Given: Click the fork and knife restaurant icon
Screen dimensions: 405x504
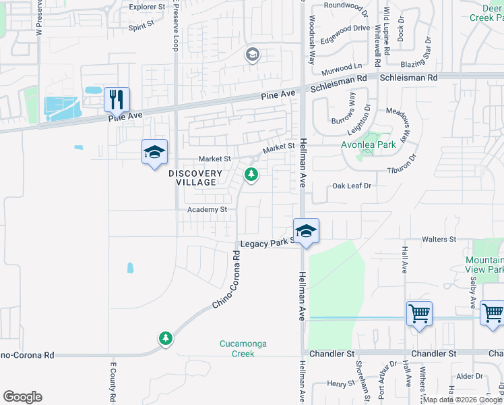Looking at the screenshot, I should click(x=117, y=100).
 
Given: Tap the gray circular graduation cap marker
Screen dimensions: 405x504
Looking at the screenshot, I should click(x=253, y=55).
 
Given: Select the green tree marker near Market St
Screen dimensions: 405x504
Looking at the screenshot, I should click(x=251, y=175).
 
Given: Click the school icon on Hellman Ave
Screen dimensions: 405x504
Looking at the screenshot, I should click(x=306, y=232).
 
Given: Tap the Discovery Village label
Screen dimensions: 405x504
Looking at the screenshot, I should click(x=196, y=178).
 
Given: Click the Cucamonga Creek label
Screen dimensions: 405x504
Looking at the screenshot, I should click(x=243, y=348).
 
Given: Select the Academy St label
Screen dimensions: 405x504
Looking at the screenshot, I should click(x=207, y=210).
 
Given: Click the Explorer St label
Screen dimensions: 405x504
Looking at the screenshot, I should click(x=147, y=7).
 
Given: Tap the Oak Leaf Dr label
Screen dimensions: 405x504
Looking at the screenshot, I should click(x=352, y=186).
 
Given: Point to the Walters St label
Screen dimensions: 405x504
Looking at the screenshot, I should click(x=439, y=240).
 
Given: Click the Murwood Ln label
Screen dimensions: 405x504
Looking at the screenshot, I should click(x=342, y=67).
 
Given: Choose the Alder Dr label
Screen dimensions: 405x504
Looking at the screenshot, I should click(x=465, y=377).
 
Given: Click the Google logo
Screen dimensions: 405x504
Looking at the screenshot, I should click(x=22, y=397).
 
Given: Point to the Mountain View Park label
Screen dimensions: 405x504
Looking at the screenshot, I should click(x=484, y=265).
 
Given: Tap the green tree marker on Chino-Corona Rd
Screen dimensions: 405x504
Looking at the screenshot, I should click(x=165, y=337).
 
